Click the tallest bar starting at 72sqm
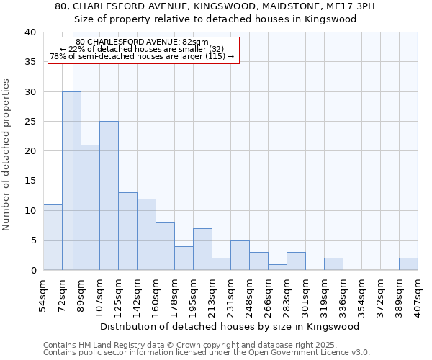coord(71,181)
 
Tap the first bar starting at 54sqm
coord(53,237)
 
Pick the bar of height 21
coord(90,207)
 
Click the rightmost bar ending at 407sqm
coord(408,264)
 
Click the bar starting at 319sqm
coord(333,264)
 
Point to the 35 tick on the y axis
coord(30,62)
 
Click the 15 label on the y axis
coord(30,181)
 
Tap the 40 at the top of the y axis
coord(30,32)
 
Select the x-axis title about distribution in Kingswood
coord(230,326)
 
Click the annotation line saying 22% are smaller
coord(142,49)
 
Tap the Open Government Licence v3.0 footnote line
coord(207,353)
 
